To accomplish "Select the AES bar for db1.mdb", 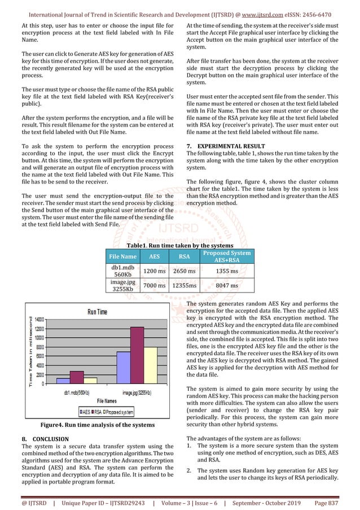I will [63, 381].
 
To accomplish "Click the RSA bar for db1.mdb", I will [76, 377].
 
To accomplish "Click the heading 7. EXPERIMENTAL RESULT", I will [222, 146].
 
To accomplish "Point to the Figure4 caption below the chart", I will [99, 425].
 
